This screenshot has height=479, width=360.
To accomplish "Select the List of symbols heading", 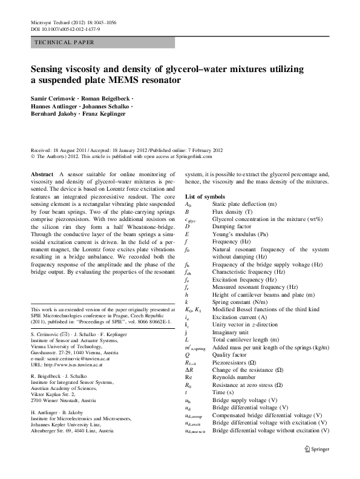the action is (205, 197).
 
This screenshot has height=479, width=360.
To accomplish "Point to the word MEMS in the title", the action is (132, 80).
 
